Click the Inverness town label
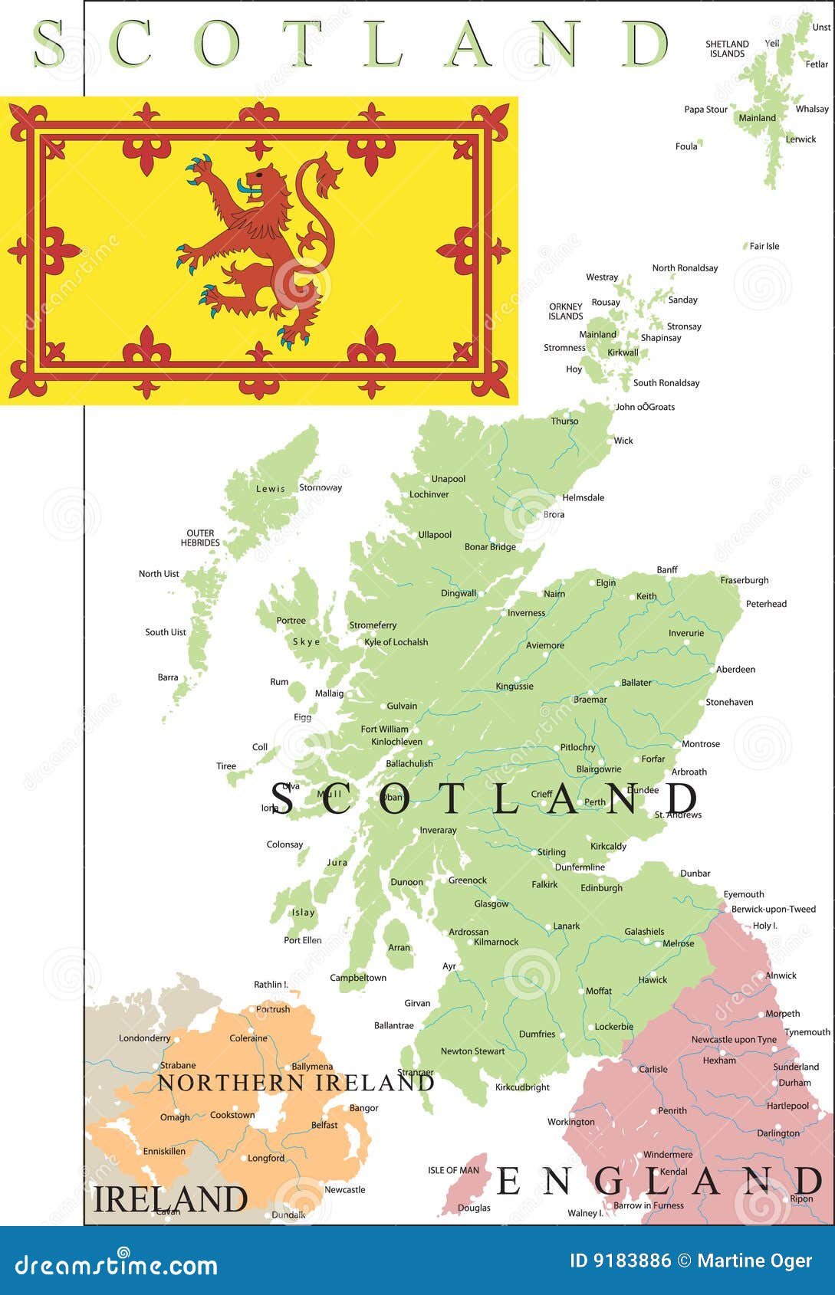pyautogui.click(x=527, y=613)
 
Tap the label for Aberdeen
pyautogui.click(x=735, y=669)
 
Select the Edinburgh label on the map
pyautogui.click(x=601, y=888)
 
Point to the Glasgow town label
pyautogui.click(x=491, y=904)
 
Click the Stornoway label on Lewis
pyautogui.click(x=321, y=487)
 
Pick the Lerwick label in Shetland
pyautogui.click(x=800, y=139)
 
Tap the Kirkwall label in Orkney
pyautogui.click(x=623, y=352)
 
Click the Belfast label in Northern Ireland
pyautogui.click(x=324, y=1125)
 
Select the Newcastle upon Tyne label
pyautogui.click(x=734, y=1040)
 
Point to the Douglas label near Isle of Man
pyautogui.click(x=474, y=1208)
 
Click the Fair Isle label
pyautogui.click(x=764, y=246)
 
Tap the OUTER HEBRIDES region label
pyautogui.click(x=200, y=538)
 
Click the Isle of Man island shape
pyautogui.click(x=465, y=1185)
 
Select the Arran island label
pyautogui.click(x=399, y=947)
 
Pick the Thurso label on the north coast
pyautogui.click(x=564, y=421)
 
